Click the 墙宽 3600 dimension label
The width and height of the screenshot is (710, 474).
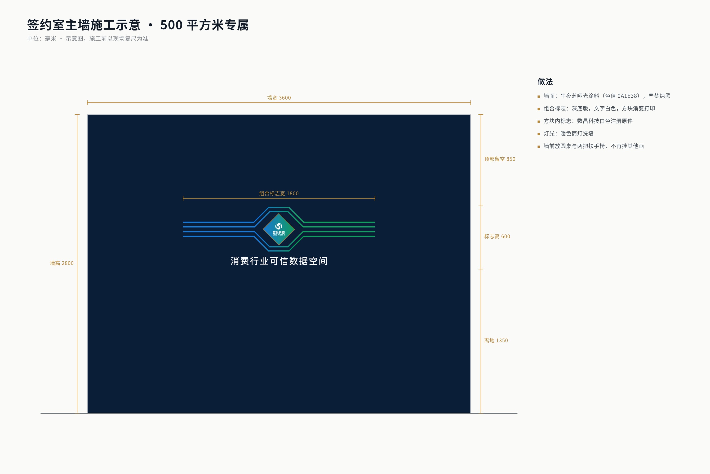[279, 98]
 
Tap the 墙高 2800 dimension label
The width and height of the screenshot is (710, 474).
[62, 263]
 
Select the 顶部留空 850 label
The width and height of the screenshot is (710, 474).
[500, 159]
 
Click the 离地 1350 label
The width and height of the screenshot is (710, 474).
[496, 340]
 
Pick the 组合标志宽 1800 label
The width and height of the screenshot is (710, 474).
[279, 193]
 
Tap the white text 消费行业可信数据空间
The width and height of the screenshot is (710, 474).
[279, 261]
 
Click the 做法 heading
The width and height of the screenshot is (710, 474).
[545, 82]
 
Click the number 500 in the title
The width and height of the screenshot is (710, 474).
[171, 25]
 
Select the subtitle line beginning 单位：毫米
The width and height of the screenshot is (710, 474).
[88, 38]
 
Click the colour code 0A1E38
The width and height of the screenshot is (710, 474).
[628, 96]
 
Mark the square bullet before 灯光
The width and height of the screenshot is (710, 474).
[539, 134]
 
